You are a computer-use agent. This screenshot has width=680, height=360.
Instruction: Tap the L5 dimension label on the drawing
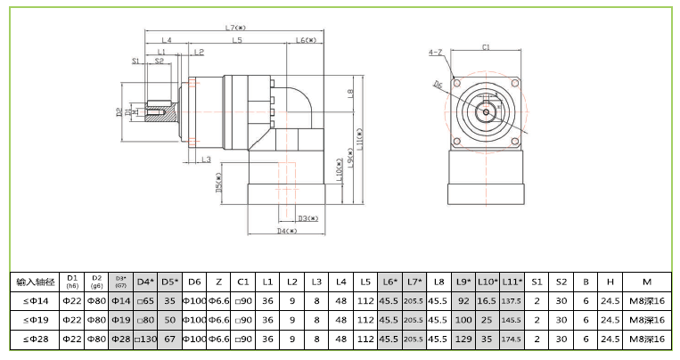click(x=237, y=41)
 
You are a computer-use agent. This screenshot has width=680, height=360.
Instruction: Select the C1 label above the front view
click(x=486, y=47)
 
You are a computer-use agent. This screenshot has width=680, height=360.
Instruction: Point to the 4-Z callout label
click(x=435, y=53)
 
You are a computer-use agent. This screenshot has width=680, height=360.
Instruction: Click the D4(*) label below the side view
click(x=285, y=231)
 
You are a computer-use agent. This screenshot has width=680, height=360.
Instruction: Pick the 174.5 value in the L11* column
click(x=512, y=340)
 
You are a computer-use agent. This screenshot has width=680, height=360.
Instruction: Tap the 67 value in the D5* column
click(x=170, y=339)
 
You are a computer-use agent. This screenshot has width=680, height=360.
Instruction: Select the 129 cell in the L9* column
click(x=463, y=339)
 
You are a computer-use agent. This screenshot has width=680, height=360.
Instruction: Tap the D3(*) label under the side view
click(x=308, y=217)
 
